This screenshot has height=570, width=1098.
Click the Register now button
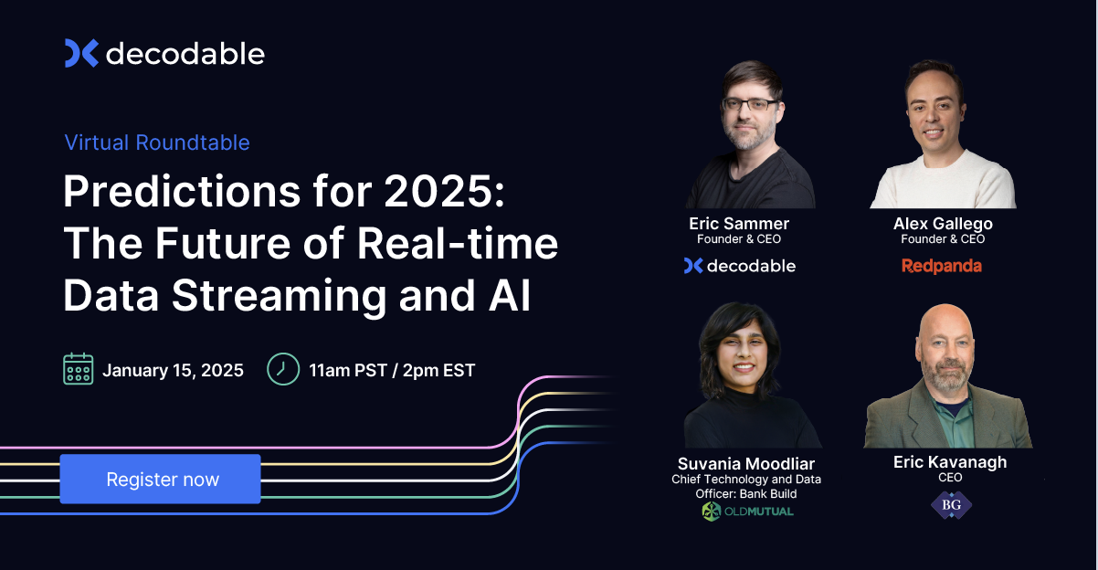[161, 480]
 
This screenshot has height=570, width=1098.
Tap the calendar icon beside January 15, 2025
[78, 369]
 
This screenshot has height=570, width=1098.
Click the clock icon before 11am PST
[282, 369]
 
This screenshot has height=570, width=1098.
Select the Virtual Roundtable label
[157, 142]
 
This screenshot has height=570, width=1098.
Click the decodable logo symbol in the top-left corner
[81, 54]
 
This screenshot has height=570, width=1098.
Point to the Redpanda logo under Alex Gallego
[941, 266]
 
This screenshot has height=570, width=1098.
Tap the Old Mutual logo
[747, 512]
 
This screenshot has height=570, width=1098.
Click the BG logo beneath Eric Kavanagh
[950, 504]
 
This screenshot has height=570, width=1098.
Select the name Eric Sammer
[739, 224]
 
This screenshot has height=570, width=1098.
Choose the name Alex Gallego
[943, 224]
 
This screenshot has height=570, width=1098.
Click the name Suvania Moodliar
[745, 463]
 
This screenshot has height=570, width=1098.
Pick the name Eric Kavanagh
[950, 462]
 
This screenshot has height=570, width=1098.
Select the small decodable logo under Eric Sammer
[739, 266]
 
